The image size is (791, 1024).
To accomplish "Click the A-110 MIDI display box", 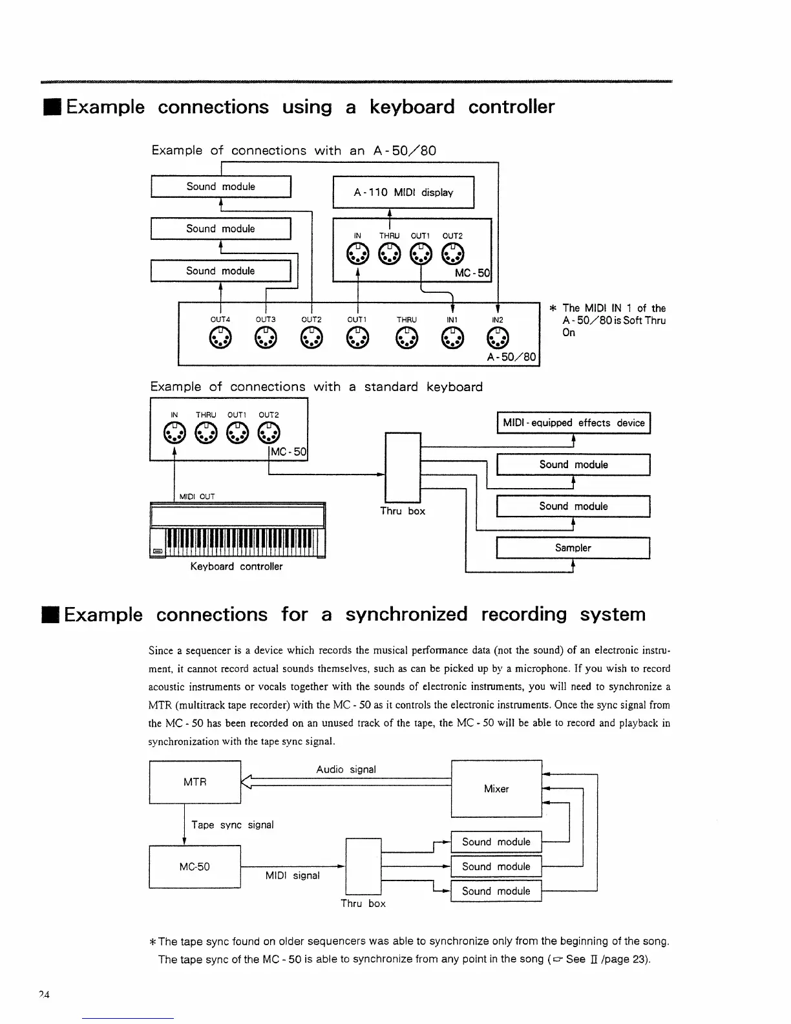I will point(403,192).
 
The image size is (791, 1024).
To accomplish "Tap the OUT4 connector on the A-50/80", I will point(220,338).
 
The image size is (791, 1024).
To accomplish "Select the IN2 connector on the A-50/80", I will point(498,338).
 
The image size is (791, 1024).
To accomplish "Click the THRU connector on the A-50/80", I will point(406,338).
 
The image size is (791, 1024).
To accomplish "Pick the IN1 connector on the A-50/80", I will point(452,338).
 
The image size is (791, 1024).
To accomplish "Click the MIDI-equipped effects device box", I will point(573,423).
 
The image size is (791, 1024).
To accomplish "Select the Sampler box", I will point(573,548).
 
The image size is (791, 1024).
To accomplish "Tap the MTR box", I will point(195,782).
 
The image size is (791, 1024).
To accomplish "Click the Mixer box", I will point(496,789).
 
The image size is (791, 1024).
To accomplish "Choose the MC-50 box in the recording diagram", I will point(195,867).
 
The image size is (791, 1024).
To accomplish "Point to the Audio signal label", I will point(346,769).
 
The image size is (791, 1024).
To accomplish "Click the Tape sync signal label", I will point(233,825).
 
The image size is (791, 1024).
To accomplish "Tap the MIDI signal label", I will point(292,875).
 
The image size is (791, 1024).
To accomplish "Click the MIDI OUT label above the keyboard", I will point(197,496).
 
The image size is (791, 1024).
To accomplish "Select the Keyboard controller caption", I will point(237,566).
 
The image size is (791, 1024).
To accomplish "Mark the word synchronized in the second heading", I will point(406,614).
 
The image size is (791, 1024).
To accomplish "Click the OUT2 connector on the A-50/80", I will point(311,338).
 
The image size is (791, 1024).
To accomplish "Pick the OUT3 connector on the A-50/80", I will point(266,338).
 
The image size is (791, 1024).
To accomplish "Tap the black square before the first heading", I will point(52,107).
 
